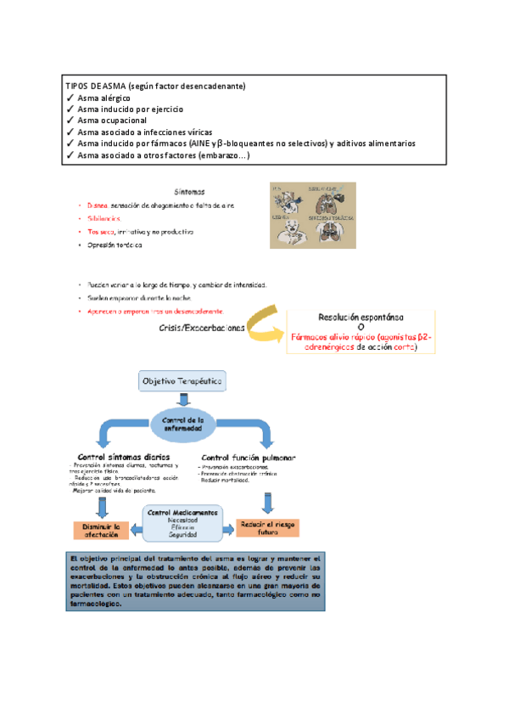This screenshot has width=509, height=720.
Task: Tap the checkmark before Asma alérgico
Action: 70,98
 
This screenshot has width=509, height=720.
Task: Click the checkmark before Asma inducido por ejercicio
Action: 70,110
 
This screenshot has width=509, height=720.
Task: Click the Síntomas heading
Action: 188,192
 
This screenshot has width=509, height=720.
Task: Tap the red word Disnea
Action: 98,205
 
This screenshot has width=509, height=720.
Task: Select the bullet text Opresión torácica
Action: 115,245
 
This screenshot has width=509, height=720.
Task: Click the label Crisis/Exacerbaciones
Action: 202,327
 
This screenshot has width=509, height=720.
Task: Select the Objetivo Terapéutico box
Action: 183,382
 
